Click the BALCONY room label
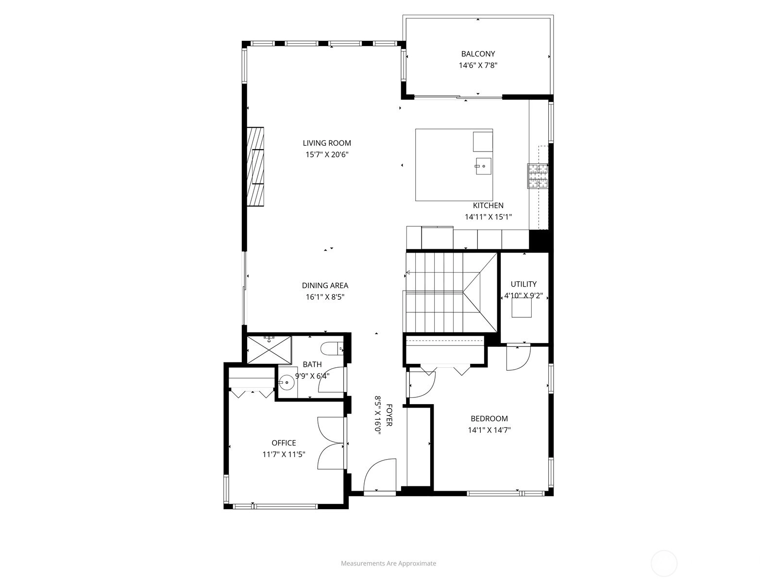pyautogui.click(x=477, y=54)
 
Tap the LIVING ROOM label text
pyautogui.click(x=327, y=143)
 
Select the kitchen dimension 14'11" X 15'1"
pyautogui.click(x=488, y=217)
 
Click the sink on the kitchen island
pyautogui.click(x=483, y=166)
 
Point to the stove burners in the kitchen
pyautogui.click(x=538, y=176)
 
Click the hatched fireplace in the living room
pyautogui.click(x=255, y=166)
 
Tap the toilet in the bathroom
pyautogui.click(x=332, y=349)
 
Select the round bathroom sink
pyautogui.click(x=286, y=383)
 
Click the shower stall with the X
pyautogui.click(x=269, y=350)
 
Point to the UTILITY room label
pyautogui.click(x=523, y=284)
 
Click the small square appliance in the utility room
pyautogui.click(x=522, y=308)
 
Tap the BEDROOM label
pyautogui.click(x=489, y=418)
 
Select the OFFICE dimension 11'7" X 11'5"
pyautogui.click(x=284, y=454)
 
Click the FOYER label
pyautogui.click(x=388, y=415)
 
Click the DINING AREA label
pyautogui.click(x=325, y=285)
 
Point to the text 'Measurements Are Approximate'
pyautogui.click(x=388, y=563)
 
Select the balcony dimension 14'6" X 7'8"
pyautogui.click(x=478, y=66)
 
